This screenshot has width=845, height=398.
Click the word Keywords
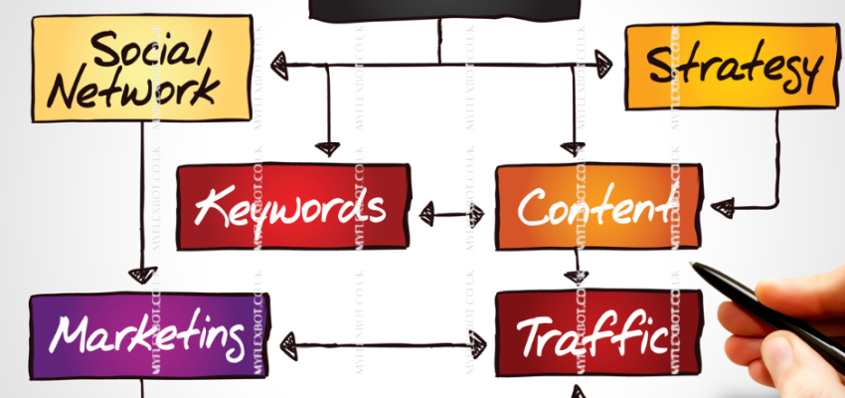click(x=290, y=208)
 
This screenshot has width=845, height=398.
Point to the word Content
click(x=593, y=209)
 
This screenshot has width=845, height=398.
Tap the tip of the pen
click(x=693, y=265)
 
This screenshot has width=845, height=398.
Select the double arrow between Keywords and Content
click(x=452, y=212)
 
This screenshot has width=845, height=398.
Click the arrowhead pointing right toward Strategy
click(x=601, y=66)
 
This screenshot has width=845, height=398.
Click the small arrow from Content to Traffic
click(x=575, y=275)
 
